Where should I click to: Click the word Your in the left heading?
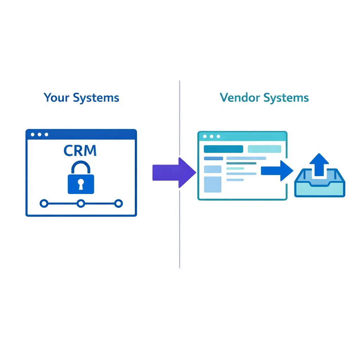(x=56, y=97)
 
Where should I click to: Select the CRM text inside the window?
(x=80, y=150)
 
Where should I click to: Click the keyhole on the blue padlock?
(x=81, y=183)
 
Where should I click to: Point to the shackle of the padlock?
(x=81, y=167)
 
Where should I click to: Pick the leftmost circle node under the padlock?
(x=44, y=203)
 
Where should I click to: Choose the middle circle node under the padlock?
(x=81, y=203)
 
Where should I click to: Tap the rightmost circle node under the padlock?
(x=119, y=203)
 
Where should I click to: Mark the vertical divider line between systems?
(x=180, y=229)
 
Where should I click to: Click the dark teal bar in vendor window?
(x=223, y=149)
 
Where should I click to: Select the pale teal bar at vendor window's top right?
(x=264, y=149)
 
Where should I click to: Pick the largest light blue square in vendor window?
(x=213, y=184)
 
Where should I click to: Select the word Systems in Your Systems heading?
(x=96, y=97)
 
